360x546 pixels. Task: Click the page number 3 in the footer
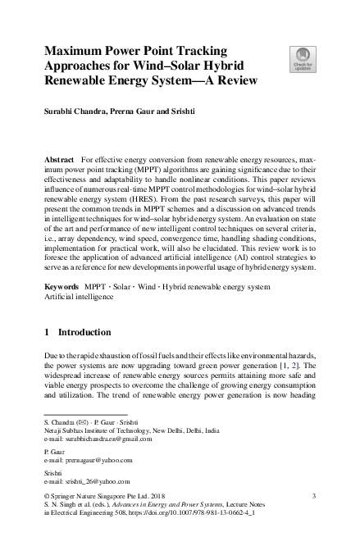pyautogui.click(x=315, y=497)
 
